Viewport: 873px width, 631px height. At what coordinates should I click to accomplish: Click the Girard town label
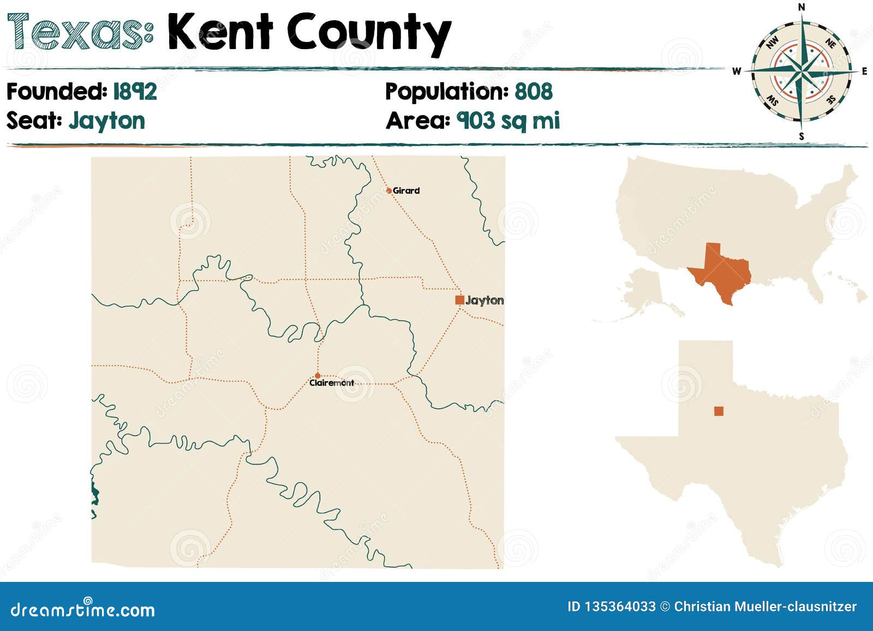(406, 190)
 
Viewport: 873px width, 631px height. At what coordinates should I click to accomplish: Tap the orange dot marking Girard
(388, 191)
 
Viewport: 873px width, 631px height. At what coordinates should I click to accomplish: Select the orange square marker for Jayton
(459, 299)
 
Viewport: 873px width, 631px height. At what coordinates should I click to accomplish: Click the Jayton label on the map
(485, 300)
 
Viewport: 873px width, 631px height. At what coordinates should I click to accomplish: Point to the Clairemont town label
(332, 383)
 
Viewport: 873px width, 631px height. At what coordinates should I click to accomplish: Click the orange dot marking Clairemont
(318, 376)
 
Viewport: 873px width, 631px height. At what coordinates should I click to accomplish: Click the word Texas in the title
(80, 33)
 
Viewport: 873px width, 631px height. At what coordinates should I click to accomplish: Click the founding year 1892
(135, 91)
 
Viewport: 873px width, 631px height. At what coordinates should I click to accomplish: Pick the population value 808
(534, 91)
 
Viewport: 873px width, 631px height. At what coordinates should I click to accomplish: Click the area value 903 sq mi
(508, 121)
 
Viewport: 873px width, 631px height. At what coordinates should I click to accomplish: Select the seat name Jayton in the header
(107, 121)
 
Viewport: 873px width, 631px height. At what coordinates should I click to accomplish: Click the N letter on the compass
(802, 7)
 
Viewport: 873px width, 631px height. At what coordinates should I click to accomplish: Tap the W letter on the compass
(737, 71)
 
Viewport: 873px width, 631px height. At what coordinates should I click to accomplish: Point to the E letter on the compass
(864, 71)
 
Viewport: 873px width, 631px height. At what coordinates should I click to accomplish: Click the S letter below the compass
(801, 136)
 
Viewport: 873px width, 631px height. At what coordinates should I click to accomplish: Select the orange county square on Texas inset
(719, 411)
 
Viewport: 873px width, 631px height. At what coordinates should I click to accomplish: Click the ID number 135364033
(619, 606)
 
